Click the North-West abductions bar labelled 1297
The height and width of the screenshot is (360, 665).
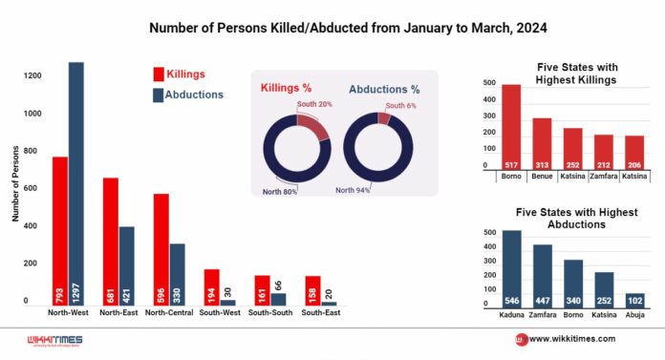(76, 183)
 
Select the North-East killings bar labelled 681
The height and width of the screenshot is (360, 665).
(111, 242)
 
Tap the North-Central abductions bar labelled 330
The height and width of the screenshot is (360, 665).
(178, 275)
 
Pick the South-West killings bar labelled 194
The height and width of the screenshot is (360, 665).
(211, 287)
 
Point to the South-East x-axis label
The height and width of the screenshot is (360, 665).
(321, 312)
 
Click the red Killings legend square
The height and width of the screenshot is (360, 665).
(159, 74)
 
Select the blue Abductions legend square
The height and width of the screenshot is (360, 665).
(159, 95)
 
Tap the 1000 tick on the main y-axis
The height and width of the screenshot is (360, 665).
(32, 114)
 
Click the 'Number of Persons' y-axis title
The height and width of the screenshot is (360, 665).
(15, 183)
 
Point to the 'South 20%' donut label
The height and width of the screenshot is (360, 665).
(314, 104)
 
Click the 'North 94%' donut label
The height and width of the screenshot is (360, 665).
(353, 190)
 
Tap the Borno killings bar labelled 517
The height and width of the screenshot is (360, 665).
(511, 127)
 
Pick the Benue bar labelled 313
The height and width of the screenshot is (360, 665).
(542, 144)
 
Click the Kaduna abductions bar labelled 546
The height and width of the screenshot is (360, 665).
(512, 269)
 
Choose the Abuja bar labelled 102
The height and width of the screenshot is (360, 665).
(634, 301)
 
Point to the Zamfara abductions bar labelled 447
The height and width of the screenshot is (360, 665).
(543, 276)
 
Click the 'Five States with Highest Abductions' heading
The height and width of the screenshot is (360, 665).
(576, 218)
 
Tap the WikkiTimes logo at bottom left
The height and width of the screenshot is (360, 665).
(55, 341)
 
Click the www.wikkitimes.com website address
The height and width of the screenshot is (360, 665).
(572, 339)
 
